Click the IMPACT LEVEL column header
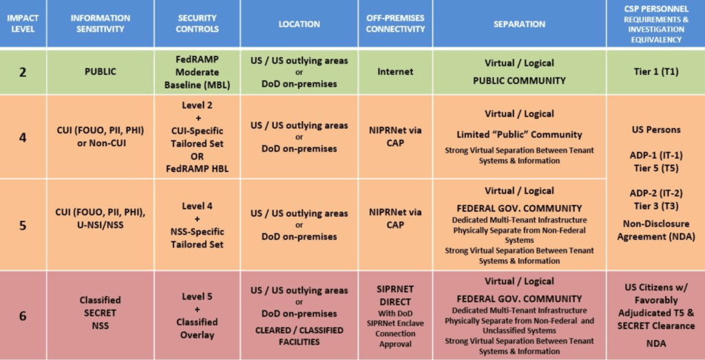[23, 23]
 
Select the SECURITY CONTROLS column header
[197, 23]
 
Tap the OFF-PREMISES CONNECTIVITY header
[394, 23]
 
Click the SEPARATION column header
[518, 24]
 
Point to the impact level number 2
[23, 72]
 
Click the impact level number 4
[23, 137]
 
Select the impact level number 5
[23, 225]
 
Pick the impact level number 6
[23, 317]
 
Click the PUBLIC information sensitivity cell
[100, 72]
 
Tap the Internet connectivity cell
[394, 72]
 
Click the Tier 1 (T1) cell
[655, 72]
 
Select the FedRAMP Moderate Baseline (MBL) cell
[197, 72]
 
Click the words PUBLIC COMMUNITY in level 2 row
[518, 81]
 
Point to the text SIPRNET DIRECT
[394, 295]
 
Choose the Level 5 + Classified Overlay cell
[197, 316]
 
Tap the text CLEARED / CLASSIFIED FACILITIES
[299, 336]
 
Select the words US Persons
[655, 129]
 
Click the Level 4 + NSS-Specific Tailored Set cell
[197, 225]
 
